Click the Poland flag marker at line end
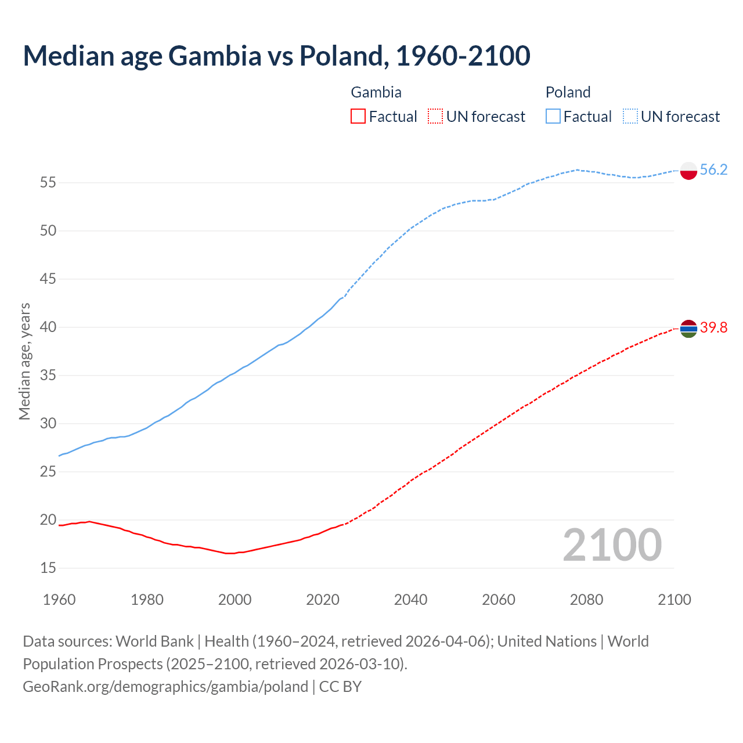688,171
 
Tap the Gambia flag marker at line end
688,329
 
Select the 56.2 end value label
713,169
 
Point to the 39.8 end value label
713,328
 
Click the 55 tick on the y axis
48,183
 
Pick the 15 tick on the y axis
48,568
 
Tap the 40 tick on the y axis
48,327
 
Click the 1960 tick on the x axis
59,600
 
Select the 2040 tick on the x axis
410,600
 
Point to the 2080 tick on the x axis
586,600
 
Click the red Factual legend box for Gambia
358,117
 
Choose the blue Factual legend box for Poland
553,117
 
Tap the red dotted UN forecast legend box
435,117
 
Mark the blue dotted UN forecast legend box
630,117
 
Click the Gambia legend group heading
376,92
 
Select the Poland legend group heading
568,92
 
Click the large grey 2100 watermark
612,545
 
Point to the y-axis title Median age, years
24,361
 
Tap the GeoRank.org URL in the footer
165,687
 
